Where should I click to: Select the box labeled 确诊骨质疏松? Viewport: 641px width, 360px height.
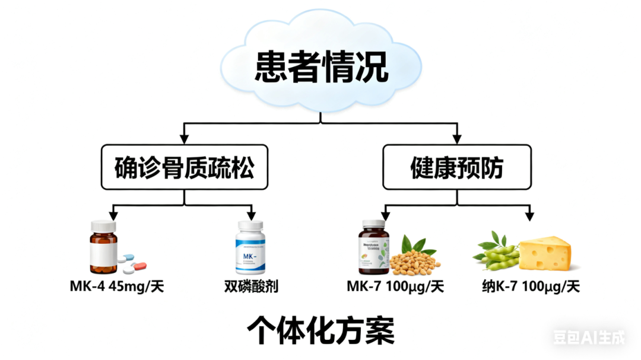pos(184,168)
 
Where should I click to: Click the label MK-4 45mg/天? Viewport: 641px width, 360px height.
pos(116,287)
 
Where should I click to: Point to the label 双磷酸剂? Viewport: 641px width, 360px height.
pos(251,287)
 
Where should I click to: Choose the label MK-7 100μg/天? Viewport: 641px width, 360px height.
pos(395,287)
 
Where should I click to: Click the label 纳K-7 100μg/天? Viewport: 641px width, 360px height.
pos(531,287)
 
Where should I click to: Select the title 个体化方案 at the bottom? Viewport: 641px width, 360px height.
pos(320,329)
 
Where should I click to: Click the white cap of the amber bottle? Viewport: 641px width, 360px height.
pos(104,226)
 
